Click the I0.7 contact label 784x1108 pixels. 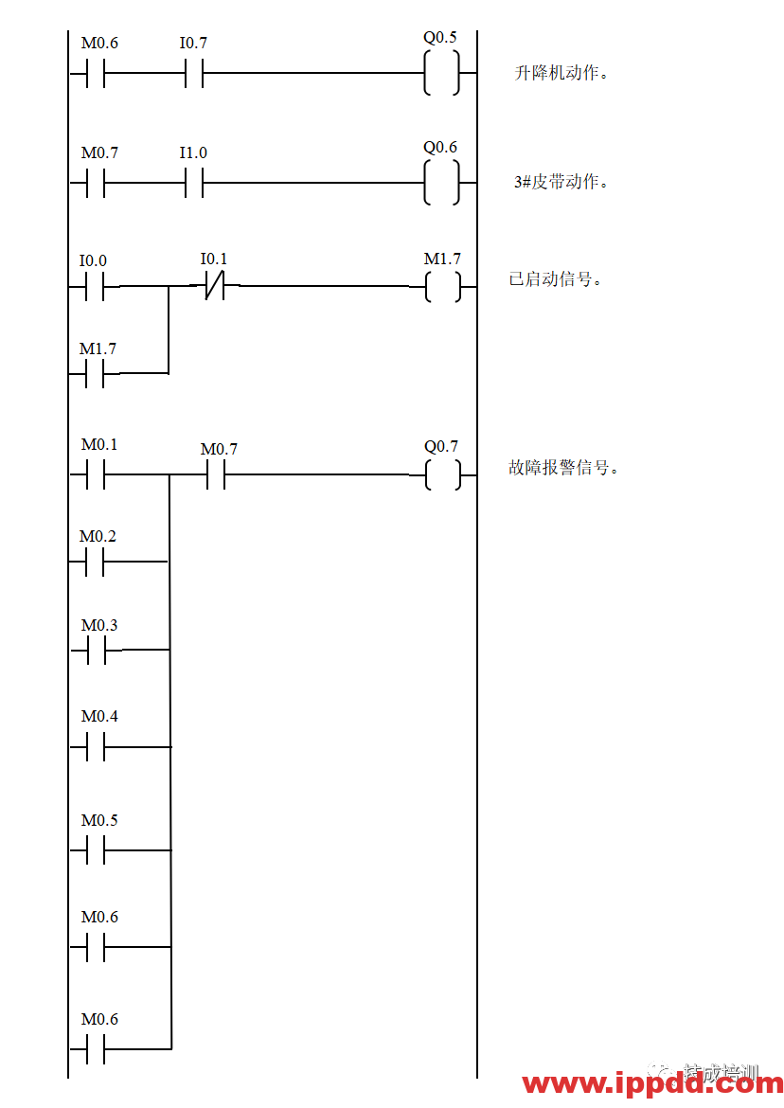(194, 43)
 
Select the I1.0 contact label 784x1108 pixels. (194, 152)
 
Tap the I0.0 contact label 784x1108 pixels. (94, 260)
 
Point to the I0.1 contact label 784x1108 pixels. (215, 259)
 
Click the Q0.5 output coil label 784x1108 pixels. (440, 37)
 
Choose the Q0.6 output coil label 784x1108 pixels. (440, 147)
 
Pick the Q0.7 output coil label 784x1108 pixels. (441, 446)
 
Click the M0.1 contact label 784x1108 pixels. (100, 444)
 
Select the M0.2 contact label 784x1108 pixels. (98, 536)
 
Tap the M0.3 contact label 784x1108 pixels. (100, 625)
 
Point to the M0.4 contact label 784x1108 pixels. (100, 716)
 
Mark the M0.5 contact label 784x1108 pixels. (100, 820)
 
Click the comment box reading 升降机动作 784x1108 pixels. (581, 73)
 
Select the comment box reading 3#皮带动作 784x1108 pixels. (581, 182)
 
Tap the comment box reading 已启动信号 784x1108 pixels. (561, 279)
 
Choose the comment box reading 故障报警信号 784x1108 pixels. (570, 467)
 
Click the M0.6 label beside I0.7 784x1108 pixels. (100, 43)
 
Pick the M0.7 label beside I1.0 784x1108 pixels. (100, 152)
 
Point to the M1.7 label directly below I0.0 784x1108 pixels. (98, 348)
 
